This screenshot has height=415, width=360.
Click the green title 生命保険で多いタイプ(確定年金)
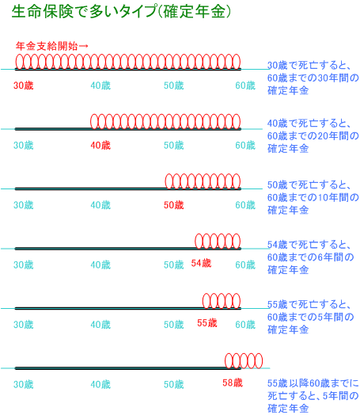(x=121, y=12)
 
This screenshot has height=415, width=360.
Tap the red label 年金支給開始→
(x=51, y=46)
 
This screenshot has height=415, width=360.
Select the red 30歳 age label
(x=24, y=86)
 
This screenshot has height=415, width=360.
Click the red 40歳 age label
(x=100, y=145)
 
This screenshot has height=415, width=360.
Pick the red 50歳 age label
(x=173, y=205)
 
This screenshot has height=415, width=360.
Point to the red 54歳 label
(x=201, y=263)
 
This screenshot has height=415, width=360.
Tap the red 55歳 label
(x=207, y=323)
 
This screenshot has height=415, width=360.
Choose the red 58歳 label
(x=233, y=383)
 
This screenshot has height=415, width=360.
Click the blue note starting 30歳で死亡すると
(x=313, y=78)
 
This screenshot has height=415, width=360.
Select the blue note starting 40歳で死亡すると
(x=313, y=136)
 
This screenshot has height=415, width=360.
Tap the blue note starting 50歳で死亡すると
(x=313, y=197)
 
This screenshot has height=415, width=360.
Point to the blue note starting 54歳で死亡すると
(x=310, y=257)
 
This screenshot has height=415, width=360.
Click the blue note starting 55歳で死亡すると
(x=310, y=317)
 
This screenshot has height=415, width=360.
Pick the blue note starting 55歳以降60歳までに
(x=313, y=396)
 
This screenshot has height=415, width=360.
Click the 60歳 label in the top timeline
(x=245, y=86)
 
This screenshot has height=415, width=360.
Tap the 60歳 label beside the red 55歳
(x=245, y=325)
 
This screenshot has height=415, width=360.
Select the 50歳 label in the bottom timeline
(x=173, y=385)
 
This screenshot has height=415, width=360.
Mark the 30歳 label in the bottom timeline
(x=24, y=385)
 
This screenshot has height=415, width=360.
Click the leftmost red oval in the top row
(x=16, y=62)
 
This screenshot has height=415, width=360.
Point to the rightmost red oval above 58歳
(x=262, y=360)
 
